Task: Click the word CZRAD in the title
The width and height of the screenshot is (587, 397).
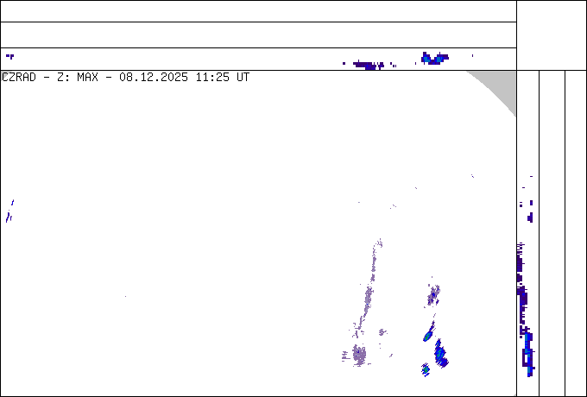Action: pyautogui.click(x=19, y=78)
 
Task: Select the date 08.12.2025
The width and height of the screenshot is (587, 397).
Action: pyautogui.click(x=154, y=78)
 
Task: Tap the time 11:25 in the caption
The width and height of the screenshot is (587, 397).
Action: pyautogui.click(x=212, y=78)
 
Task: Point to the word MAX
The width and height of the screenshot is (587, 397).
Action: pyautogui.click(x=87, y=78)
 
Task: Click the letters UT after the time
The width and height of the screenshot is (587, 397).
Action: pyautogui.click(x=243, y=78)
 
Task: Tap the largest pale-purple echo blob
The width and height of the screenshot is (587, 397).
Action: pyautogui.click(x=359, y=355)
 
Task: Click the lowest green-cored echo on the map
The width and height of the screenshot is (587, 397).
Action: pyautogui.click(x=426, y=369)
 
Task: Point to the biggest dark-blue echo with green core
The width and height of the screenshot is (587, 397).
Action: pyautogui.click(x=440, y=354)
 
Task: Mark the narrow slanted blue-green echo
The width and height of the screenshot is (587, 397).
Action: pyautogui.click(x=429, y=332)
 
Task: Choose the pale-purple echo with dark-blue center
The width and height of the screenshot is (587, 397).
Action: pyautogui.click(x=433, y=295)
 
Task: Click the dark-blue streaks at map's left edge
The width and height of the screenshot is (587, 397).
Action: pyautogui.click(x=9, y=211)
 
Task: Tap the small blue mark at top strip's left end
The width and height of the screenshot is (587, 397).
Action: pyautogui.click(x=10, y=56)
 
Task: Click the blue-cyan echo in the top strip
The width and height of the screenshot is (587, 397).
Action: pyautogui.click(x=434, y=59)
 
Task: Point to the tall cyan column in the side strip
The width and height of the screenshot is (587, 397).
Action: pyautogui.click(x=528, y=353)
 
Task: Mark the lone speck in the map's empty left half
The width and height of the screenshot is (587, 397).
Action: pyautogui.click(x=125, y=296)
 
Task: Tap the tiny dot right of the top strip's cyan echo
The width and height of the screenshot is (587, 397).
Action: pyautogui.click(x=472, y=56)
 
